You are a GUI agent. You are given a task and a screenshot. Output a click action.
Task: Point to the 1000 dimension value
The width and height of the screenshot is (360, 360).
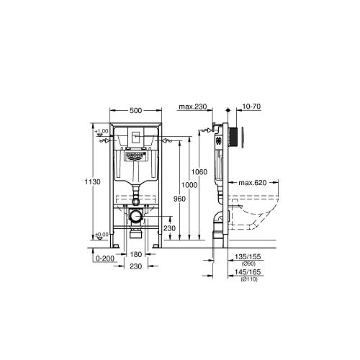pos(188,184)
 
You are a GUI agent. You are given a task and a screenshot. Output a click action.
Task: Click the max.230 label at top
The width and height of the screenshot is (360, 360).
pos(192,107)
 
